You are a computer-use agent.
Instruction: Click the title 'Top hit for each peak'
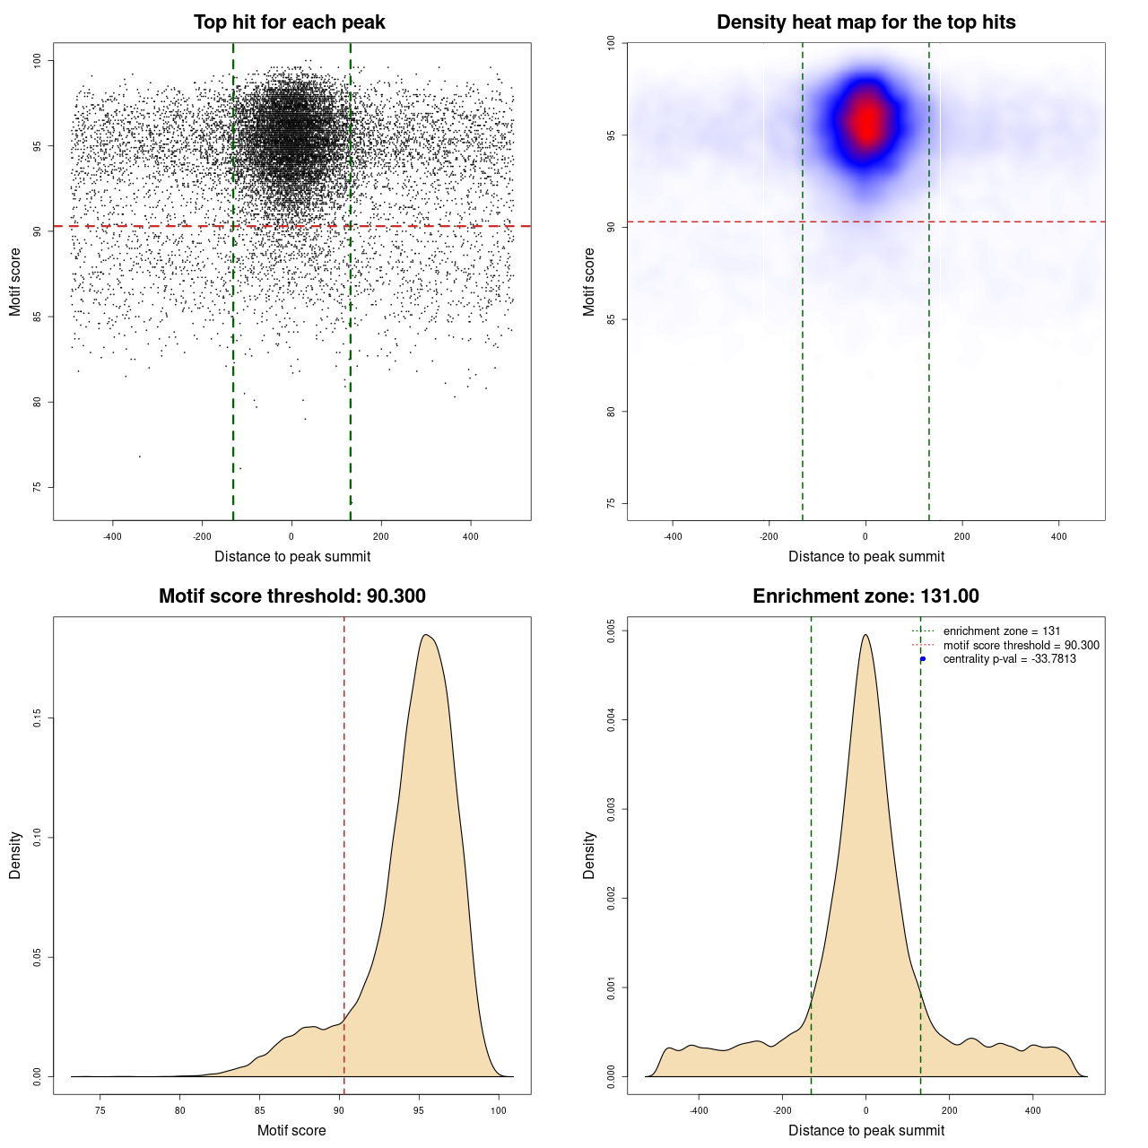[x=290, y=22]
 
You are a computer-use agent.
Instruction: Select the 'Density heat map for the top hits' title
[x=865, y=22]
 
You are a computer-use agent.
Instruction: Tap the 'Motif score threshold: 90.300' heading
[x=291, y=596]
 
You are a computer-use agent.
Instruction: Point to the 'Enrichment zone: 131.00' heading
[x=865, y=596]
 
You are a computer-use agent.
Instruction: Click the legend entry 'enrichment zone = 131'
[x=1001, y=631]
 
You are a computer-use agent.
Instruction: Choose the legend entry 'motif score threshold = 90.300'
[x=1021, y=646]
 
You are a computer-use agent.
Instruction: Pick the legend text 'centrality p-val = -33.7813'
[x=1009, y=659]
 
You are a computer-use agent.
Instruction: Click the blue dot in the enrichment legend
[x=923, y=659]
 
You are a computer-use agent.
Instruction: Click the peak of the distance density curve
[x=865, y=635]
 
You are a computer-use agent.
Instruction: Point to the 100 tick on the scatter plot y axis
[x=38, y=60]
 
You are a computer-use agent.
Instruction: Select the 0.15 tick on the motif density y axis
[x=38, y=718]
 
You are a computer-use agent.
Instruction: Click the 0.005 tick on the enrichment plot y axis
[x=612, y=631]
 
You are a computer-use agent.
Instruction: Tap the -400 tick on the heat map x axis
[x=673, y=536]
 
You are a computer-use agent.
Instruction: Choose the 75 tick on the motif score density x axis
[x=100, y=1110]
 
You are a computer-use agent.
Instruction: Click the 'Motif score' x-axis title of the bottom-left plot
[x=291, y=1130]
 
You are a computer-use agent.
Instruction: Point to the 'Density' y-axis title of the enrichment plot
[x=589, y=855]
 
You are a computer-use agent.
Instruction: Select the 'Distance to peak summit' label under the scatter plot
[x=292, y=556]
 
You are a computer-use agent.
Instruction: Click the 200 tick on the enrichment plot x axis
[x=950, y=1110]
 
